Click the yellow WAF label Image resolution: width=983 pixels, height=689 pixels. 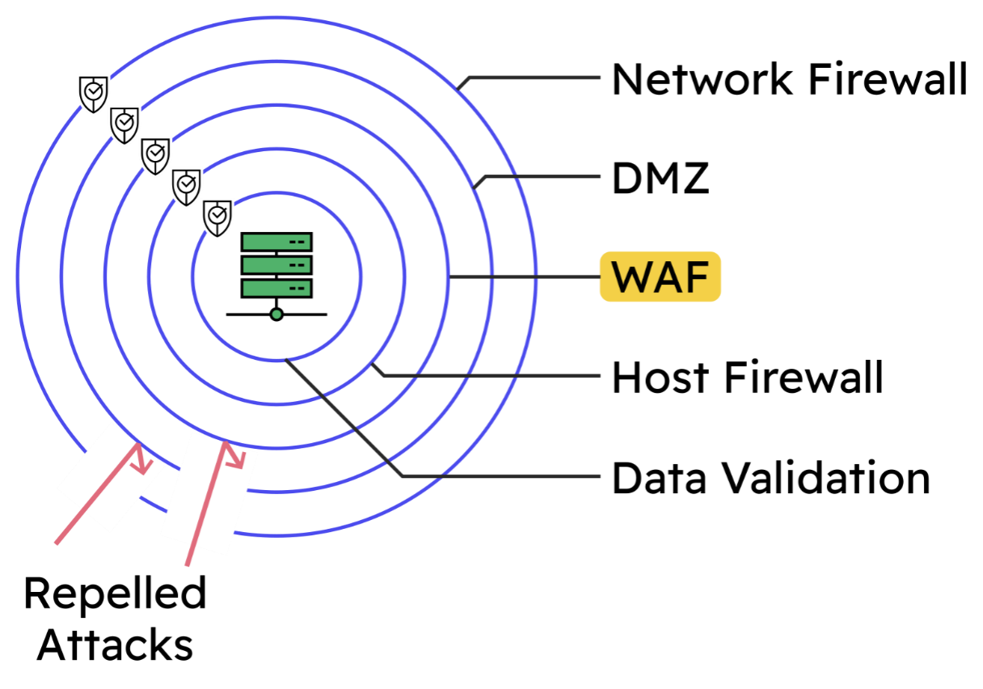(x=660, y=277)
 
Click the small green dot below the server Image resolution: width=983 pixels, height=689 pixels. (x=276, y=314)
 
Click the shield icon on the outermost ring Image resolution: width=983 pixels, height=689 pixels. (x=94, y=93)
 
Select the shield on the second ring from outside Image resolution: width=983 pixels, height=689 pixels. (x=124, y=125)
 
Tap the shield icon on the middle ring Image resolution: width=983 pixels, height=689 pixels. (x=155, y=155)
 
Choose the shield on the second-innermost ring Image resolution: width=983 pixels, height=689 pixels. (x=187, y=187)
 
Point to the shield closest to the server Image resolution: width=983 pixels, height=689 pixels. (x=217, y=218)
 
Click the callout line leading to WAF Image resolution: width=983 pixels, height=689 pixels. (x=525, y=277)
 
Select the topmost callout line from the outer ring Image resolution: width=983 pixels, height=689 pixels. (x=534, y=78)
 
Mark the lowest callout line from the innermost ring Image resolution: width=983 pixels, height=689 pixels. (x=501, y=476)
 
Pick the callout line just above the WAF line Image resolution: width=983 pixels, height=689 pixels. (x=542, y=176)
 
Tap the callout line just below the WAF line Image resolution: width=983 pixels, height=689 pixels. (x=493, y=375)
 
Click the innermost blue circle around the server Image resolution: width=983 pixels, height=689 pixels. (x=361, y=277)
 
